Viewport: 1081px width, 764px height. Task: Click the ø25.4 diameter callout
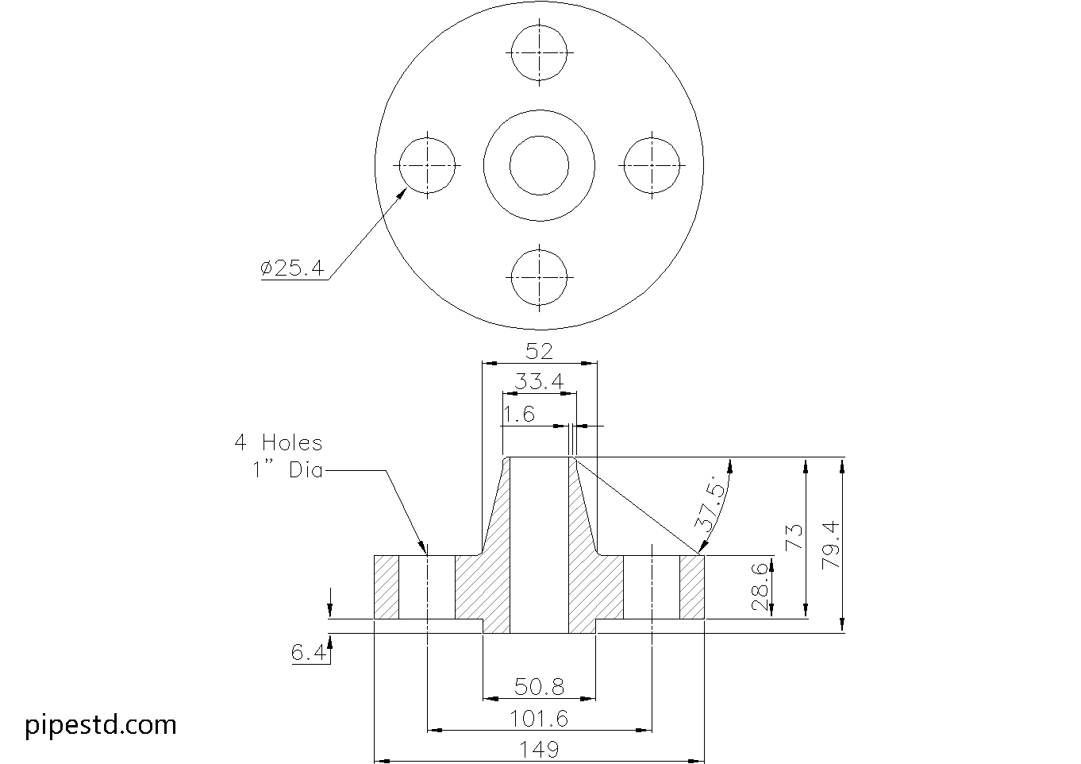tap(292, 268)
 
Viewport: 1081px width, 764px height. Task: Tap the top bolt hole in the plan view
tap(539, 25)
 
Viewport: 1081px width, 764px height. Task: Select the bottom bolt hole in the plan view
tap(539, 250)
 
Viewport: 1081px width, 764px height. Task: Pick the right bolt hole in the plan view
tap(652, 137)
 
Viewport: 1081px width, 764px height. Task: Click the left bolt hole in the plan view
tap(427, 137)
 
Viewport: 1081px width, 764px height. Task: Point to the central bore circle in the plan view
tap(539, 136)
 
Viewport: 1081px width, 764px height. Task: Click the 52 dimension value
tap(539, 352)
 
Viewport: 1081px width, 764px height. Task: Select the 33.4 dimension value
tap(539, 381)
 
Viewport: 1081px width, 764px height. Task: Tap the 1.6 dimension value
tap(519, 415)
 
